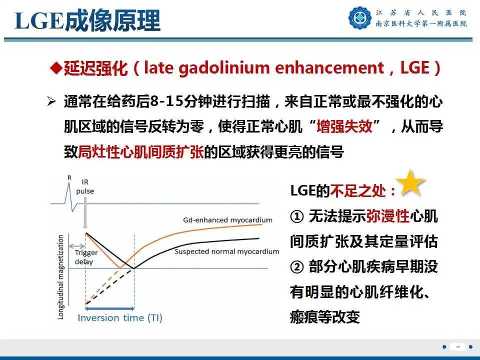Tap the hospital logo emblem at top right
click(359, 18)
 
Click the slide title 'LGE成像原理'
click(87, 21)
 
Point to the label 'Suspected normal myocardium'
click(226, 251)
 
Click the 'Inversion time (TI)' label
click(120, 317)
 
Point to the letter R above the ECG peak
click(69, 176)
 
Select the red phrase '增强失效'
click(344, 126)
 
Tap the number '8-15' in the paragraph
click(165, 101)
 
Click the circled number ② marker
click(296, 267)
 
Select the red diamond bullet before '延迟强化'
click(56, 67)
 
